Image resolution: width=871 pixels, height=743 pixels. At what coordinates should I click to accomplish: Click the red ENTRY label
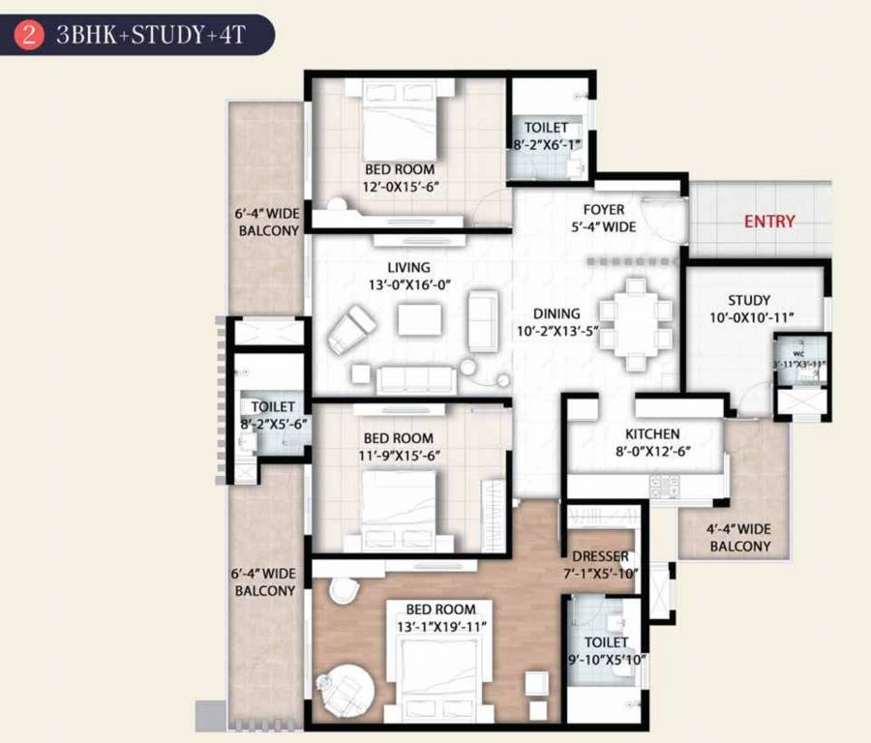click(769, 222)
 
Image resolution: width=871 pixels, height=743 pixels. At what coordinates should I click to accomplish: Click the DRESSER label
click(600, 556)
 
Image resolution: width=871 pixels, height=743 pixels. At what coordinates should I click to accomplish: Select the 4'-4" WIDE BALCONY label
click(739, 538)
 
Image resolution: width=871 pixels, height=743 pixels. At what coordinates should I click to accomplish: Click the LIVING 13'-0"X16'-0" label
click(408, 276)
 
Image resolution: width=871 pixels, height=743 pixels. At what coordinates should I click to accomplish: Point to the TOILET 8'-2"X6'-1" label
click(547, 136)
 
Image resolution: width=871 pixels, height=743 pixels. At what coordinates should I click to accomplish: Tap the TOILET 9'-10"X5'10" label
click(607, 651)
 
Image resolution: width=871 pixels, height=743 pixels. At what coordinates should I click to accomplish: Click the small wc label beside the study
click(798, 354)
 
